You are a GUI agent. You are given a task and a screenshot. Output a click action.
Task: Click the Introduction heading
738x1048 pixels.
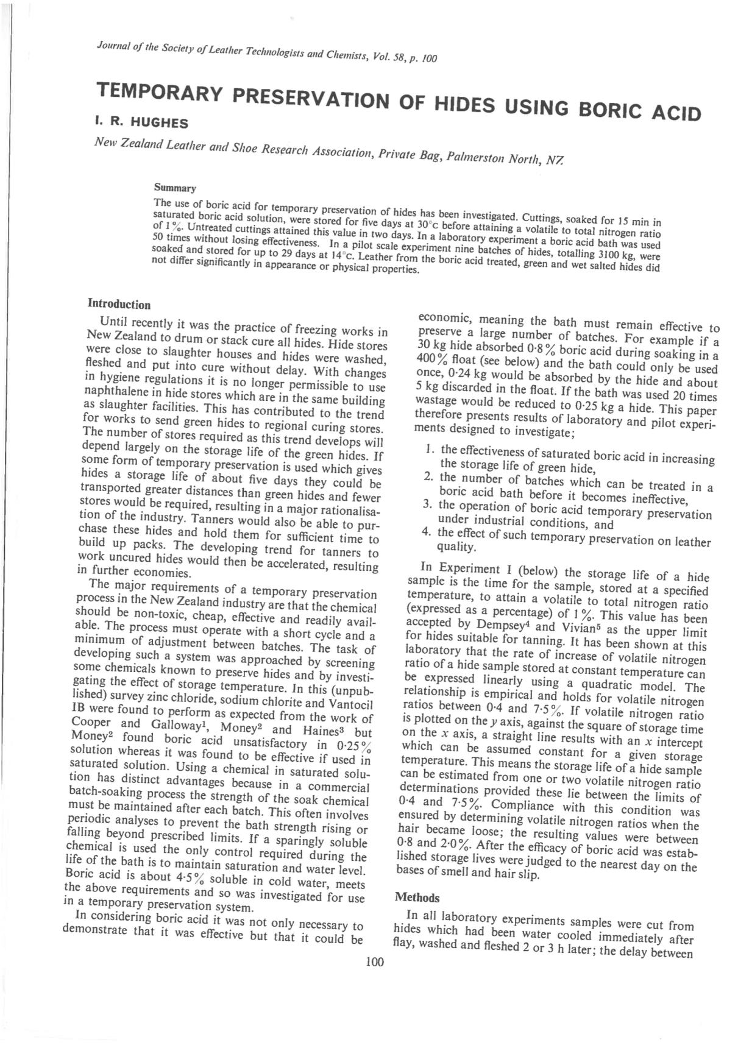click(119, 304)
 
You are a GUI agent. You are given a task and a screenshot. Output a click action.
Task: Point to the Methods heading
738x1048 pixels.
click(417, 897)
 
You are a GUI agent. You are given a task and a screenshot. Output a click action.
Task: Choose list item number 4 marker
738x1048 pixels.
click(427, 531)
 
